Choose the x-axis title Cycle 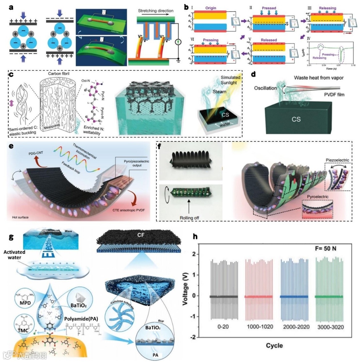274,346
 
